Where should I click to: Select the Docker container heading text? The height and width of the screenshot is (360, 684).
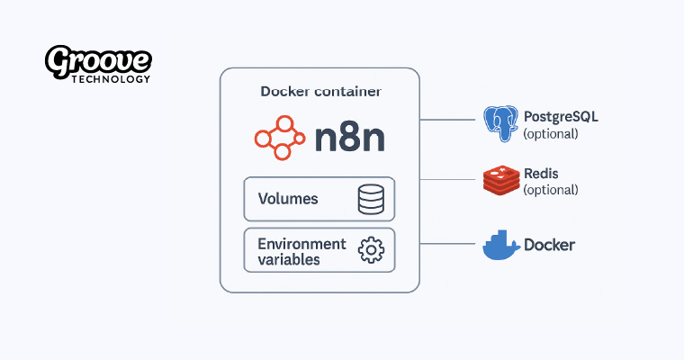coord(319,92)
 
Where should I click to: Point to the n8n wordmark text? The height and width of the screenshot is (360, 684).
coord(350,138)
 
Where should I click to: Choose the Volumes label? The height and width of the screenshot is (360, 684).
coord(288,199)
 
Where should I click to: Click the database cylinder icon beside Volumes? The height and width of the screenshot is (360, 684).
coord(371,199)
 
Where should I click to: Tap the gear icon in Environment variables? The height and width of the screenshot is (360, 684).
coord(371,250)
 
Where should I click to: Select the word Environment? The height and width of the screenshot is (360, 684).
coord(301,244)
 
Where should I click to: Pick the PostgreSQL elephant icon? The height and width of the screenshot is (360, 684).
coord(501,124)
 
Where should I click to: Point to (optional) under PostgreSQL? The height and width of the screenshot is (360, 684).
coord(550,134)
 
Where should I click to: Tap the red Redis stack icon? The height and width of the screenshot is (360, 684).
coord(501,180)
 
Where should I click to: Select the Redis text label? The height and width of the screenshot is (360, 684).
coord(541,173)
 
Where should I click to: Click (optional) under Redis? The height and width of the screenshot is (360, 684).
coord(550,190)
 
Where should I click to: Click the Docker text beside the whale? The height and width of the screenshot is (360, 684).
coord(549,245)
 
